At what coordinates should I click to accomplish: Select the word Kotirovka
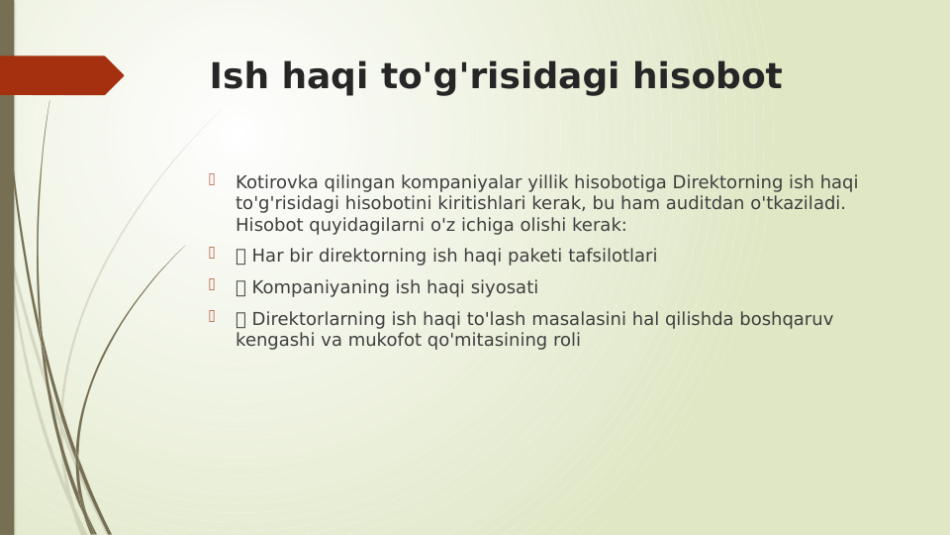click(x=274, y=182)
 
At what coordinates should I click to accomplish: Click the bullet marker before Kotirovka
click(x=212, y=180)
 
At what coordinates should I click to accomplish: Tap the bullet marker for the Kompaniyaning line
click(x=212, y=285)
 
